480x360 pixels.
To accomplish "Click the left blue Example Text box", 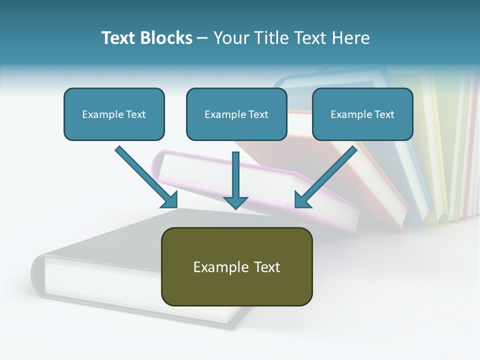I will [x=114, y=114].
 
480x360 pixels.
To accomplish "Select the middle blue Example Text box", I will [x=236, y=114].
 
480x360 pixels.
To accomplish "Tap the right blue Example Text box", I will [x=362, y=114].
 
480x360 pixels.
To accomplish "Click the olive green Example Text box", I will [x=236, y=266].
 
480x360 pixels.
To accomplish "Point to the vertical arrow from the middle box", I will [x=235, y=175].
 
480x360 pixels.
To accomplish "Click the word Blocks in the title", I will [x=167, y=38].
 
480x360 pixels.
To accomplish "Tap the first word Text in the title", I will [x=120, y=38].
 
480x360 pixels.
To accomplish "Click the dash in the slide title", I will [x=202, y=38].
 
